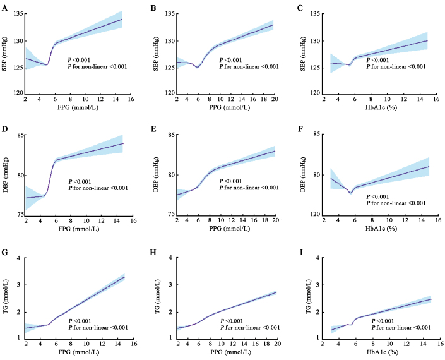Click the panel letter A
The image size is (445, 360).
(4, 8)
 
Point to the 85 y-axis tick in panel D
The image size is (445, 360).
(18, 135)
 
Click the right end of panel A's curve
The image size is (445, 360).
(121, 20)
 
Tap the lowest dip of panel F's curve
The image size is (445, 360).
(350, 193)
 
